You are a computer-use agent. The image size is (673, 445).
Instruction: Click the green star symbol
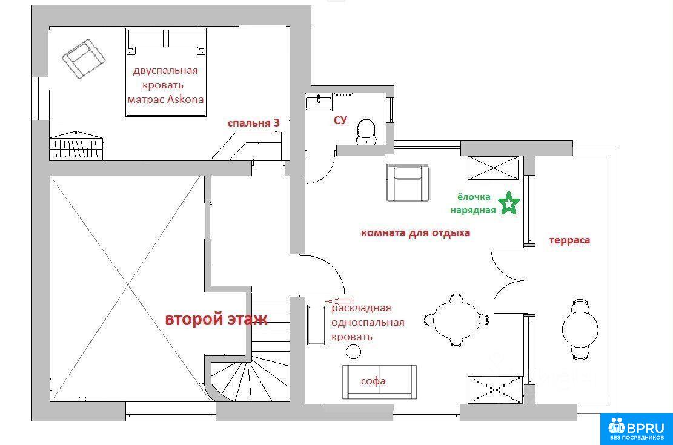(509, 203)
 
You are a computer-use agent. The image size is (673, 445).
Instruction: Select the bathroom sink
(319, 104)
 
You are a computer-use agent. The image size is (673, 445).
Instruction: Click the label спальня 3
(253, 123)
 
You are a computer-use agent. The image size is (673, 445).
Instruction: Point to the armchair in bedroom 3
(84, 59)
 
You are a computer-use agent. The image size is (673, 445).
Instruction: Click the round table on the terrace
(580, 329)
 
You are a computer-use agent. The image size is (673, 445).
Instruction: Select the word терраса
(569, 240)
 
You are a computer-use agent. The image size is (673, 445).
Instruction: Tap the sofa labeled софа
(379, 382)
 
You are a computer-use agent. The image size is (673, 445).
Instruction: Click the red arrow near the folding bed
(339, 302)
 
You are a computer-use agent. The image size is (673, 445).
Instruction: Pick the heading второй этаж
(216, 319)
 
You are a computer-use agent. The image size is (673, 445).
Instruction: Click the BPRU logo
(636, 429)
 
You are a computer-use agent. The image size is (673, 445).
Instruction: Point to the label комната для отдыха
(416, 233)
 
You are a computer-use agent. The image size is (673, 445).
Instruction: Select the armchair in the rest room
(408, 183)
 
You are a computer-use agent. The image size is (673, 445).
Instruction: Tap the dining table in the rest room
(456, 320)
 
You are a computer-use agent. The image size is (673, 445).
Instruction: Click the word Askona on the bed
(185, 99)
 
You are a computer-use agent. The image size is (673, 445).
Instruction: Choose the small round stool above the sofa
(353, 352)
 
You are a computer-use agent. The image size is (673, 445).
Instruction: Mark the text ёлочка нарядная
(473, 203)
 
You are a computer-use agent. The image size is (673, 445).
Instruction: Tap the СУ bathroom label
(340, 120)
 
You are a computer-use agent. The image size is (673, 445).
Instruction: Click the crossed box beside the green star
(493, 168)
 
